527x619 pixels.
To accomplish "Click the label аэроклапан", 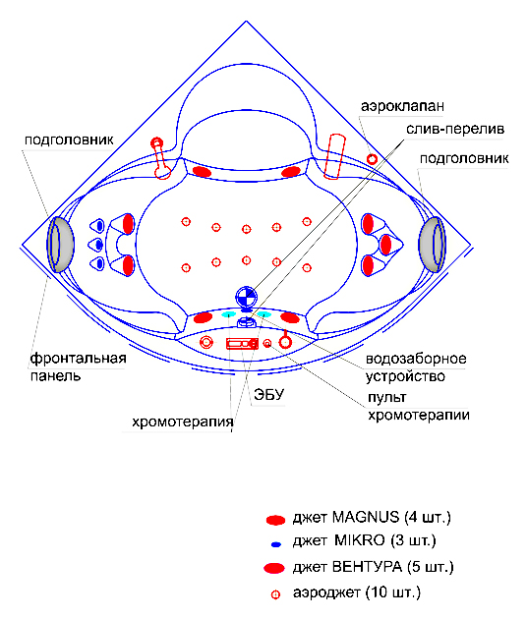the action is [x=402, y=106].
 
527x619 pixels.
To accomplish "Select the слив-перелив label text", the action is [x=455, y=129].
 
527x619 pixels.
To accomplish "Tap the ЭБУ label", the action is [x=268, y=394].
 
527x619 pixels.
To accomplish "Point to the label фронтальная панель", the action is [x=79, y=366].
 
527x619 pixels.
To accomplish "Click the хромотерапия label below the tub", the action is [x=183, y=422].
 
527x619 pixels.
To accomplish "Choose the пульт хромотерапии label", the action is [x=419, y=406].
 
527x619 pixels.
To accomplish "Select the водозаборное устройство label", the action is [x=416, y=367].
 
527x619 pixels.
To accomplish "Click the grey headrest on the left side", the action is [x=60, y=245].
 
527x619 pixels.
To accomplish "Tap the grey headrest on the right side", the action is [x=433, y=245].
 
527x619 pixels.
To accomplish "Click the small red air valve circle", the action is [x=372, y=159].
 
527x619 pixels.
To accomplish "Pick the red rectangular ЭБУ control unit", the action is [x=242, y=344].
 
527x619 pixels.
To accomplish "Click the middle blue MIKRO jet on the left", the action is [x=99, y=246].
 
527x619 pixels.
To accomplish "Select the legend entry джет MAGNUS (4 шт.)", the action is [x=358, y=518].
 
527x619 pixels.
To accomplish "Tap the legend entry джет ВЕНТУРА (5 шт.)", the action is [x=358, y=567].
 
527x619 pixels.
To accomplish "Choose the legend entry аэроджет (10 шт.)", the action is [x=346, y=592].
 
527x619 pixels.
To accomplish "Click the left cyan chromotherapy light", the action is [x=228, y=314].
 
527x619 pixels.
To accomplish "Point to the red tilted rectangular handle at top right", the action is [x=334, y=157].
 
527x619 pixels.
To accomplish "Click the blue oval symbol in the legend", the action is [x=275, y=544].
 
